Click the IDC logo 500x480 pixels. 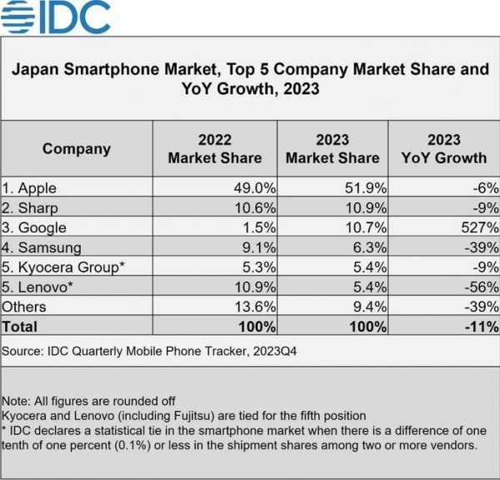pos(57,16)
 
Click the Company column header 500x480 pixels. pos(77,149)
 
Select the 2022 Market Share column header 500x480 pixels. pos(215,148)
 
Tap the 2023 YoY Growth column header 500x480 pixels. pos(444,148)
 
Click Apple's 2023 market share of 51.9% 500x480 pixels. pos(362,188)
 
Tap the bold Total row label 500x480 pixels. pos(22,326)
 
